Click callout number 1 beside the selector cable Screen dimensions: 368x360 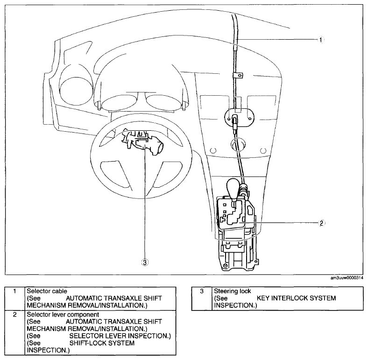tap(321, 40)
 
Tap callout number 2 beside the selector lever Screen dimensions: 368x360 tap(321, 223)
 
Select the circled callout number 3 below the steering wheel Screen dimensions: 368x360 tap(145, 262)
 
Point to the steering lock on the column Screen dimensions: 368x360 tap(142, 141)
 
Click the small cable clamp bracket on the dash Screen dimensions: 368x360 tap(238, 75)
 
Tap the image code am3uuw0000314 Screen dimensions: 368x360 tap(347, 278)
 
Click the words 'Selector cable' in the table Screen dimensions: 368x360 tap(47, 291)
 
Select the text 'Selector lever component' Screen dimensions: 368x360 tap(63, 314)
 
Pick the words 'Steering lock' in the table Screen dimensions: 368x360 tap(233, 291)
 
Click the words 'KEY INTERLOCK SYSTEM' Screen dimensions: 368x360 tap(296, 298)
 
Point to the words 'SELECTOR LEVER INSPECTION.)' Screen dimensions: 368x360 tap(120, 336)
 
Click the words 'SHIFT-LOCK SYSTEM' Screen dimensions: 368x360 tap(102, 343)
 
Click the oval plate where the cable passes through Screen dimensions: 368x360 tap(240, 117)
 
